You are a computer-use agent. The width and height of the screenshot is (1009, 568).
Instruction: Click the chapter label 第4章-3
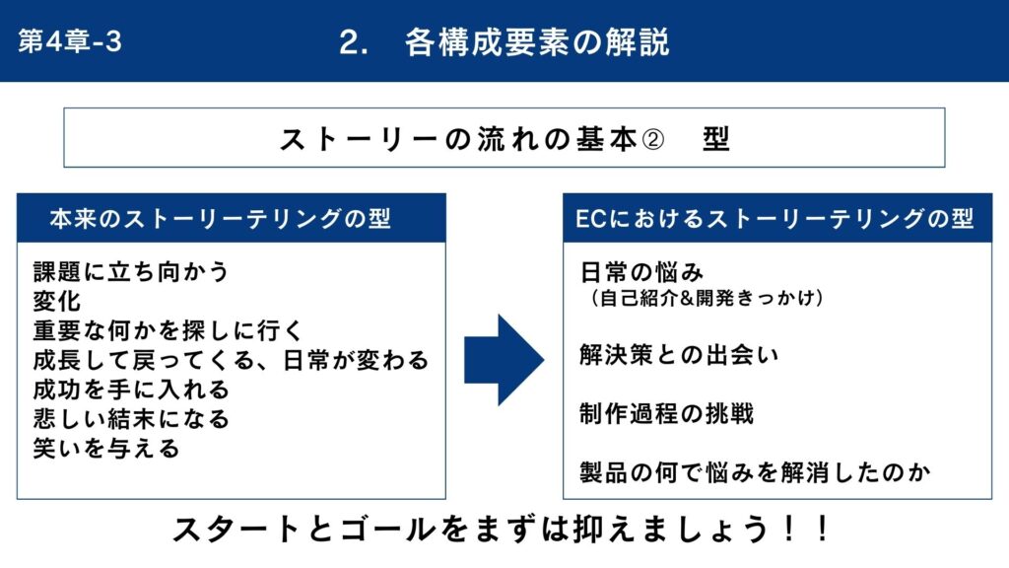click(70, 41)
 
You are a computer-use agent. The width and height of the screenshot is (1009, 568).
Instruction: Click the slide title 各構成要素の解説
click(537, 42)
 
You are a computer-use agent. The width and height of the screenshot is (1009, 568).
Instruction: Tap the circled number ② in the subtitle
click(653, 139)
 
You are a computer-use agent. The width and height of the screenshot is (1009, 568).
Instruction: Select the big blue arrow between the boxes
click(504, 360)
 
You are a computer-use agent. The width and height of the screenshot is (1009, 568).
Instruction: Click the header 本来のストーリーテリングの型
click(220, 219)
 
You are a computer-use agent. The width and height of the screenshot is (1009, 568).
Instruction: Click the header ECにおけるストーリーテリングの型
click(774, 219)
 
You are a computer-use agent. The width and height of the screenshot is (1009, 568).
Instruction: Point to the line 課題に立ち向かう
click(131, 272)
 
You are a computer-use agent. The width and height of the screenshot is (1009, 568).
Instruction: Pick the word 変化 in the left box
click(57, 302)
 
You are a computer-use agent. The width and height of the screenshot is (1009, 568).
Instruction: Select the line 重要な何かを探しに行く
click(168, 331)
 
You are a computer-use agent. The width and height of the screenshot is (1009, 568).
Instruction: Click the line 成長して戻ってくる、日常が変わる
click(231, 360)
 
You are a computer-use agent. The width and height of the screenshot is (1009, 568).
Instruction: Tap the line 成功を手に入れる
click(131, 390)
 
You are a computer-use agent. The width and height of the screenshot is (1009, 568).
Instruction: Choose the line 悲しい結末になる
click(131, 419)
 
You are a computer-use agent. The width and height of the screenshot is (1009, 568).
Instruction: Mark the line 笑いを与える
click(106, 449)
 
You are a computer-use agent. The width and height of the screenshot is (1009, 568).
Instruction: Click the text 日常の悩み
click(641, 272)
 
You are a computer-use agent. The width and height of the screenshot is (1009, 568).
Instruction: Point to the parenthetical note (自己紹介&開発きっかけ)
click(706, 298)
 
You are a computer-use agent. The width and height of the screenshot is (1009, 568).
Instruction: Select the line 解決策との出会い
click(679, 355)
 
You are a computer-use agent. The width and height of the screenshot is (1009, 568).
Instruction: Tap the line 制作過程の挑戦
click(666, 414)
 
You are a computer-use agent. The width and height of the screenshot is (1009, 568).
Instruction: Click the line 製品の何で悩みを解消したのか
click(755, 473)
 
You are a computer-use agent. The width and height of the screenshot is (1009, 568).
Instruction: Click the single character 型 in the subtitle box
click(715, 139)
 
